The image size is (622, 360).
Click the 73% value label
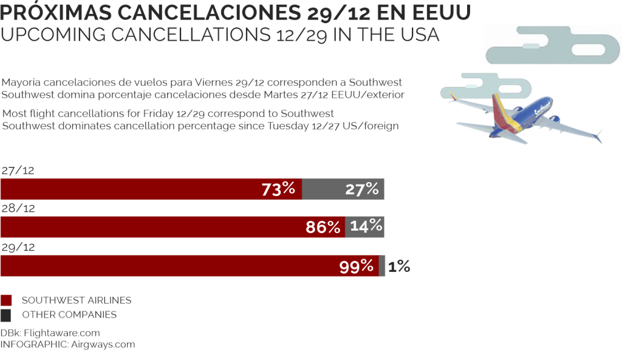pyautogui.click(x=278, y=189)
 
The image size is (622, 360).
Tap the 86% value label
pyautogui.click(x=323, y=228)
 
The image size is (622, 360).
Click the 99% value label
pyautogui.click(x=357, y=266)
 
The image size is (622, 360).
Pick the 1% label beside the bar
pyautogui.click(x=399, y=266)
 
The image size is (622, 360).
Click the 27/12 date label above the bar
pyautogui.click(x=18, y=171)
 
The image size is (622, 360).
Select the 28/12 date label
pyautogui.click(x=18, y=209)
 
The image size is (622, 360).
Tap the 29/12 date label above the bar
pyautogui.click(x=18, y=247)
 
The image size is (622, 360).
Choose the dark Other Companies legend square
pyautogui.click(x=6, y=315)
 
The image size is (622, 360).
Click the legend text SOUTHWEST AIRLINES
pyautogui.click(x=77, y=301)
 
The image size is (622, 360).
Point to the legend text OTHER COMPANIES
pyautogui.click(x=69, y=315)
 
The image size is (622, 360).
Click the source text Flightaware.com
pyautogui.click(x=62, y=333)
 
